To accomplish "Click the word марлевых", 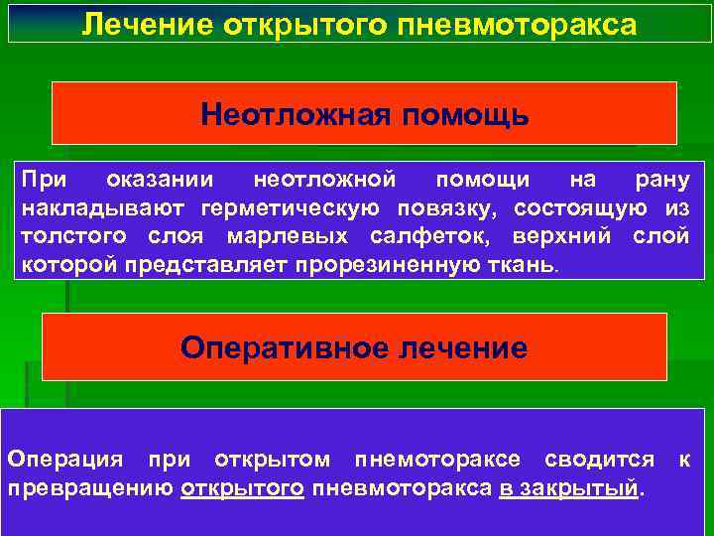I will click(x=288, y=237).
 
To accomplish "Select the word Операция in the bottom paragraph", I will click(x=65, y=460).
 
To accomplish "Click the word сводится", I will click(x=600, y=460).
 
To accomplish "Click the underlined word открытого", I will click(x=243, y=488).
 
